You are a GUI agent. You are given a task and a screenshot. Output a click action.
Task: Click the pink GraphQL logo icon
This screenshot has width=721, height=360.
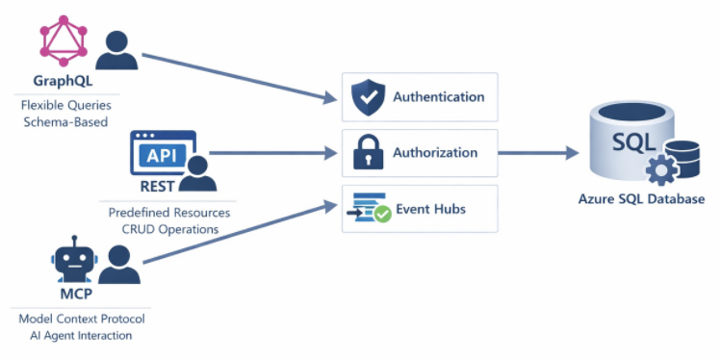64,41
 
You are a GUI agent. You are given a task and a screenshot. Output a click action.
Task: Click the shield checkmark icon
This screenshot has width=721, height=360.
367,97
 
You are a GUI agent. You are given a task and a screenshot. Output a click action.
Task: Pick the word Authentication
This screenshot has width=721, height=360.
438,97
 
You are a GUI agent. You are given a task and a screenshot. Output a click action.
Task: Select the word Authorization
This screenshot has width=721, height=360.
435,153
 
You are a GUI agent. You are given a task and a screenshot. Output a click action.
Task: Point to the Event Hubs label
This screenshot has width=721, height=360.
432,208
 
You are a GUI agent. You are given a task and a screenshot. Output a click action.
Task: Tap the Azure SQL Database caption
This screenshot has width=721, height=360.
641,199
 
